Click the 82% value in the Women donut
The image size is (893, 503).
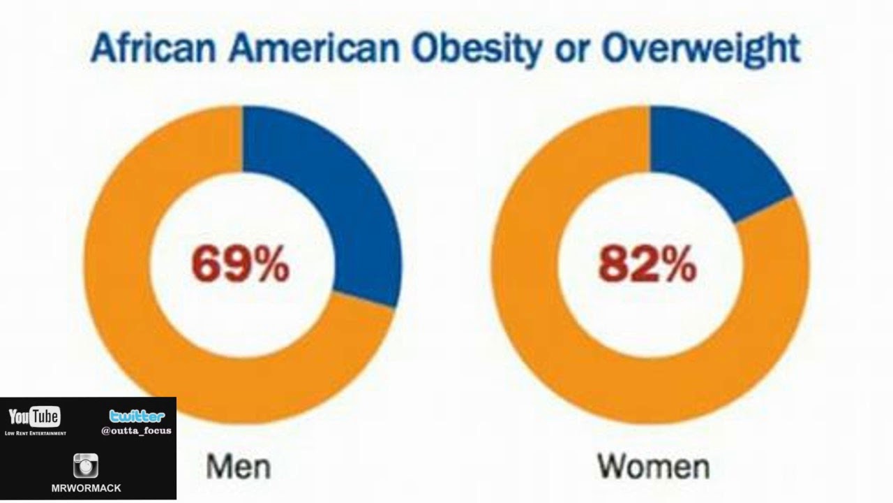tap(647, 265)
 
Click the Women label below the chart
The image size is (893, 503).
tap(654, 465)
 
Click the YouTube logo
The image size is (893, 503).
tap(34, 418)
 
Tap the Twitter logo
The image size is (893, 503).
tap(137, 417)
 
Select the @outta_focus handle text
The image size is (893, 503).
tap(137, 431)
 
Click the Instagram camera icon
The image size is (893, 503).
tap(86, 465)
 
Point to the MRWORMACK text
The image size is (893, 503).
tap(87, 488)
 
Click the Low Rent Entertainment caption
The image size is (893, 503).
tap(35, 433)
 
